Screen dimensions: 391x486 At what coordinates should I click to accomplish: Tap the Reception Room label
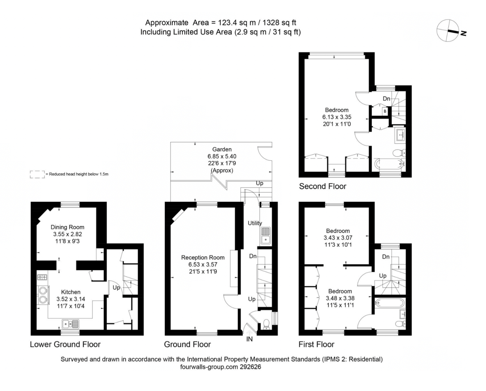tap(203, 257)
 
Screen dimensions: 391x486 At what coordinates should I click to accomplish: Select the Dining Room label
tap(67, 227)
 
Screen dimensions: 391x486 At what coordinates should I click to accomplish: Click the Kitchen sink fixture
tap(70, 323)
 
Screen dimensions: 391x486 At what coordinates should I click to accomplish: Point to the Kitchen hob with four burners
tap(42, 277)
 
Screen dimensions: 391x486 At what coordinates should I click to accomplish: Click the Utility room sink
tap(265, 236)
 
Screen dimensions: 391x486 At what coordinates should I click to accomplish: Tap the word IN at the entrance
tap(250, 339)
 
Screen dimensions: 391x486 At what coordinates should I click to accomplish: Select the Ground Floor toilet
tap(267, 324)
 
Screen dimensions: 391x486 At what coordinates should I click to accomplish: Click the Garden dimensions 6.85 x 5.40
tap(222, 156)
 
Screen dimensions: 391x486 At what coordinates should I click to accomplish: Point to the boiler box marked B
tap(384, 112)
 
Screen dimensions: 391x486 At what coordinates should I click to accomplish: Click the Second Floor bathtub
tap(390, 164)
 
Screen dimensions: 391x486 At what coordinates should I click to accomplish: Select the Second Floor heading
tap(322, 186)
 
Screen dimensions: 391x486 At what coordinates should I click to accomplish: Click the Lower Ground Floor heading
tap(65, 344)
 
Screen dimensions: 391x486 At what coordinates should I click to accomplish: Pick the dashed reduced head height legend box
tap(37, 175)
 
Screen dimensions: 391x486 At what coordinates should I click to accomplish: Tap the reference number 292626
tap(250, 367)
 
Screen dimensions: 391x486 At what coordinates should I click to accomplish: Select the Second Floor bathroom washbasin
tap(400, 135)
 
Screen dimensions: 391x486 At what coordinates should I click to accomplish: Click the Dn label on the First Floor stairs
tap(386, 257)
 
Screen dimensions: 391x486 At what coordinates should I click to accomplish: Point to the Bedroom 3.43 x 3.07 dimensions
tap(338, 238)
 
